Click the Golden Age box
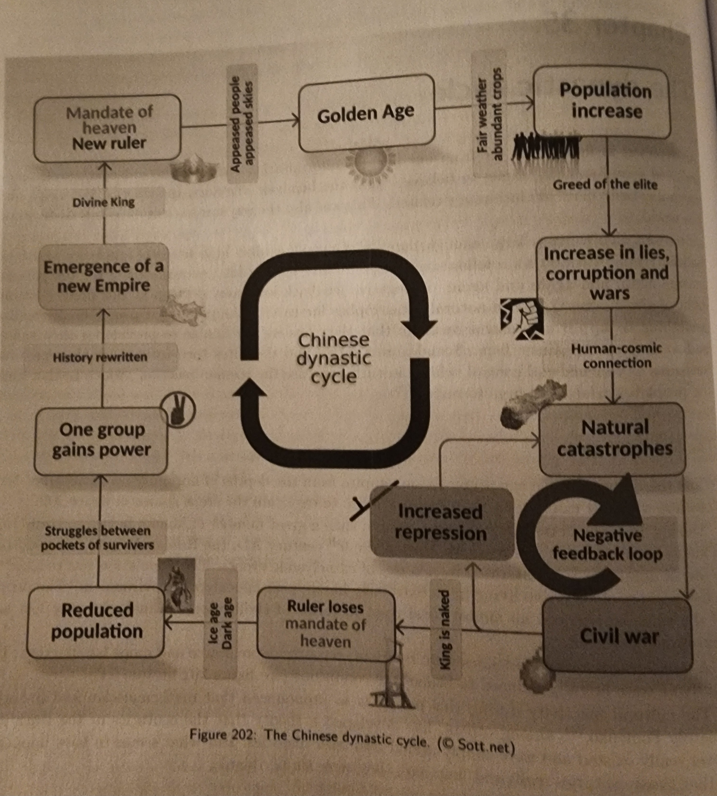pos(366,114)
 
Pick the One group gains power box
pos(101,440)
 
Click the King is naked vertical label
pos(444,629)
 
